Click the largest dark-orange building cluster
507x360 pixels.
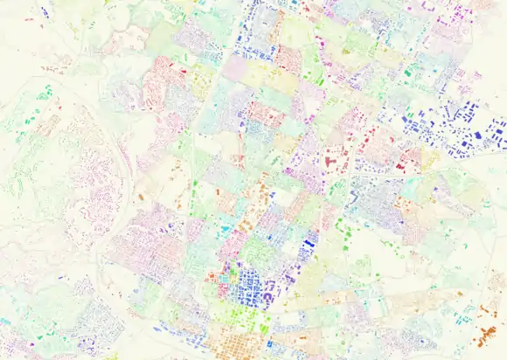tap(485, 335)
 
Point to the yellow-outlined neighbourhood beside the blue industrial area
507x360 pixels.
tap(430, 157)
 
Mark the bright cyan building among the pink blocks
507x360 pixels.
tap(226, 229)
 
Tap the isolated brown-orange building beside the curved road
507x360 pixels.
tap(140, 197)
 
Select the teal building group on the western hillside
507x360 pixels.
tap(43, 91)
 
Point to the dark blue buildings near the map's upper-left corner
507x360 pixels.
tap(43, 12)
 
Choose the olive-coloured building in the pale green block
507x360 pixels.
tap(346, 52)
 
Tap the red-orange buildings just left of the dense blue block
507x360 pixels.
tap(212, 278)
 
